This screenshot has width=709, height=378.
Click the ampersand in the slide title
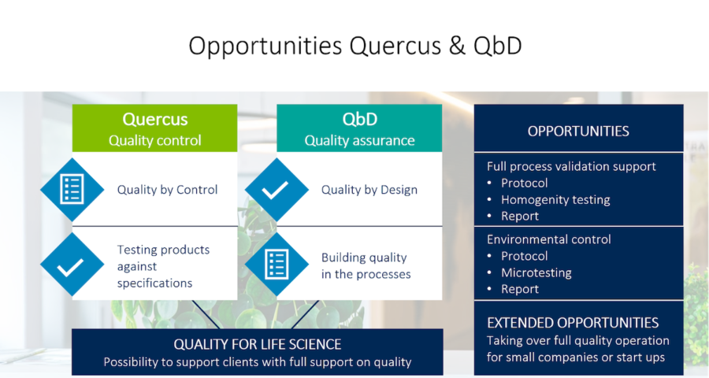click(x=457, y=46)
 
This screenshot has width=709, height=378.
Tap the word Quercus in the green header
click(x=154, y=120)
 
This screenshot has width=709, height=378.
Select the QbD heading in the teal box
click(x=359, y=120)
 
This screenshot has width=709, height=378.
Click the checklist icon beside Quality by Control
click(x=72, y=190)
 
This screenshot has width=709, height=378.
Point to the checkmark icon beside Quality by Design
click(x=277, y=190)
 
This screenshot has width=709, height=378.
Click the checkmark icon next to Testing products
click(x=72, y=265)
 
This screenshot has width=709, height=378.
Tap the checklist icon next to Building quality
click(x=277, y=265)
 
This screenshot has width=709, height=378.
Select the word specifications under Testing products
click(x=154, y=283)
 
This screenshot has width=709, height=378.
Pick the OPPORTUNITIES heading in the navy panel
click(x=578, y=132)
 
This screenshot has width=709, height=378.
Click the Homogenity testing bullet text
click(x=555, y=200)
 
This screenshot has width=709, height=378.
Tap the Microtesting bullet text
click(x=536, y=272)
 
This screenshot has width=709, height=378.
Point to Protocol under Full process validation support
click(x=524, y=183)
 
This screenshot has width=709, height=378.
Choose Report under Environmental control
click(x=520, y=289)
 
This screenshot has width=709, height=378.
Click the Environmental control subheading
click(x=548, y=239)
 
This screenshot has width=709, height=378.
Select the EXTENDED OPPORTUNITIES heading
click(x=573, y=323)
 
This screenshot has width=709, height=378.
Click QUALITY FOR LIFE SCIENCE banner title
click(x=258, y=345)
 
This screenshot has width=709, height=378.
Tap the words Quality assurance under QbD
click(x=359, y=141)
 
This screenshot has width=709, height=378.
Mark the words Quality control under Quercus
click(x=154, y=141)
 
